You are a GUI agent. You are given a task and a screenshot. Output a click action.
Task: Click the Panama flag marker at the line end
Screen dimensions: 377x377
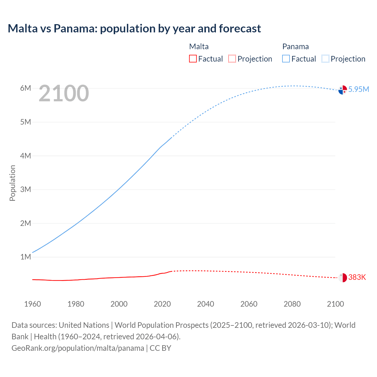point(343,90)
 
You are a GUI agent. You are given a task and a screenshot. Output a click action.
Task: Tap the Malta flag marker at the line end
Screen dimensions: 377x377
point(343,277)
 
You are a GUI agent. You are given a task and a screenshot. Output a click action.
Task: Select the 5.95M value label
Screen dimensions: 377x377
point(358,89)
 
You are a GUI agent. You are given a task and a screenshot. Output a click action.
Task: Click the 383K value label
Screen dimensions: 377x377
point(357,277)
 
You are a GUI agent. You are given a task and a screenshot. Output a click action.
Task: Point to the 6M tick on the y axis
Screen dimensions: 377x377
point(26,88)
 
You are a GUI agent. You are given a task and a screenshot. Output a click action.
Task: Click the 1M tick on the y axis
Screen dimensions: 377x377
point(26,257)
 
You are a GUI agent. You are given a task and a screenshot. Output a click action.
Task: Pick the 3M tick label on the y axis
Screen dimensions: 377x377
point(26,189)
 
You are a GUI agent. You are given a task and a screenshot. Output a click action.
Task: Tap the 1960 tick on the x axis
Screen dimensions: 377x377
point(32,304)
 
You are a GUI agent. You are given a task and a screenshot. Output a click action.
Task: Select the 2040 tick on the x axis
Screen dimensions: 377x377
point(206,304)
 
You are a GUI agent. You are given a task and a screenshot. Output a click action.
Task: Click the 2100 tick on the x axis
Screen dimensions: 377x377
point(335,304)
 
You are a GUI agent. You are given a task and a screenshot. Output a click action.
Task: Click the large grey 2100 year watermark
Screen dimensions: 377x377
point(64,93)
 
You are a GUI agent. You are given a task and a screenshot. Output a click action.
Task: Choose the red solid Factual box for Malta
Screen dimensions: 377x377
point(193,59)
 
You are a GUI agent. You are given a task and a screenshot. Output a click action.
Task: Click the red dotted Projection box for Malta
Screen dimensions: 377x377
point(232,59)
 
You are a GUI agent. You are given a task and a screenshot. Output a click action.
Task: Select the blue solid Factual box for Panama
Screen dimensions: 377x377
point(286,59)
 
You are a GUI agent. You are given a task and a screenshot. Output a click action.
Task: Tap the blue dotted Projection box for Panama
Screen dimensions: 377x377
point(325,59)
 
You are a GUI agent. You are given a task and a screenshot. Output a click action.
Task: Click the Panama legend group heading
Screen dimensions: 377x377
point(295,47)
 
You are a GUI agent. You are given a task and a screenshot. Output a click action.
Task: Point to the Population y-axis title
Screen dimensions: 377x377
point(12,183)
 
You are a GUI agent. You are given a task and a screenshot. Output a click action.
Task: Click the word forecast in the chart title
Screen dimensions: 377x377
point(240,29)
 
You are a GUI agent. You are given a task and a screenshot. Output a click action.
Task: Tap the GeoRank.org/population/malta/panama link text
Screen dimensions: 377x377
point(78,348)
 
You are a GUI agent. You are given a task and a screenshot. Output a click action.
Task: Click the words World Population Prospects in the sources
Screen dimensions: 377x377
point(161,325)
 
